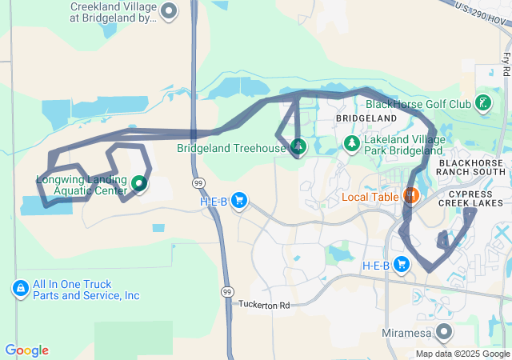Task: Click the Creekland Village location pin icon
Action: coord(169,11)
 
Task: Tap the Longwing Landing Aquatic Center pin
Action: coord(140,184)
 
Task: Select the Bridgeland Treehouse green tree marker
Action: coord(298,146)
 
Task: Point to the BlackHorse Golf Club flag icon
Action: coord(482,103)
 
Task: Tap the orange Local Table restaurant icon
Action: coord(411,195)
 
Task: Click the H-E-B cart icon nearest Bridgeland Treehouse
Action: coord(238,201)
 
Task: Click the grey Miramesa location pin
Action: coord(443,330)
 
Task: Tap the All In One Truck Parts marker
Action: coord(20,288)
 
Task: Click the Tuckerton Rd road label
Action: coord(264,305)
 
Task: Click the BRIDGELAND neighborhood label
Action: coord(366,118)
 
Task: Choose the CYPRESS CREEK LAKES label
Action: coord(475,198)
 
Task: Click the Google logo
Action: coord(26,350)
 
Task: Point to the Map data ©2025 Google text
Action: coord(462,354)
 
